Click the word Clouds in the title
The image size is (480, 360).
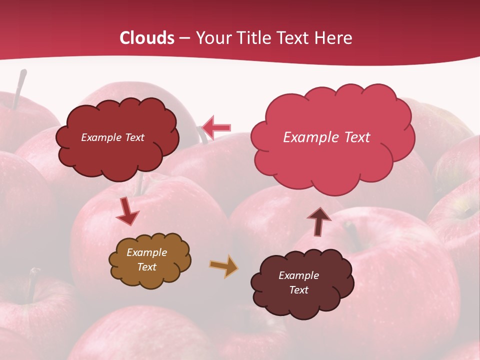[147, 38]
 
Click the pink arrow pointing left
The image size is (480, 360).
[216, 128]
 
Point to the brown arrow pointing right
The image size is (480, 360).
[223, 266]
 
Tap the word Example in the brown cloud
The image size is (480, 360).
[146, 252]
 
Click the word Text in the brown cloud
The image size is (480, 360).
[146, 267]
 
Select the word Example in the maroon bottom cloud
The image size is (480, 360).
[298, 275]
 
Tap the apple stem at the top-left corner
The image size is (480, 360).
[19, 88]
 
